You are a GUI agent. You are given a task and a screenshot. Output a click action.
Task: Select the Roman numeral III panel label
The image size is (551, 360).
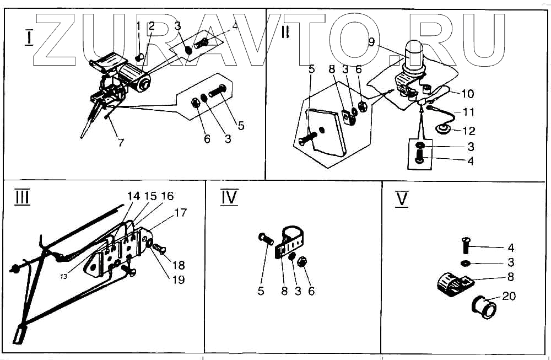click(21, 197)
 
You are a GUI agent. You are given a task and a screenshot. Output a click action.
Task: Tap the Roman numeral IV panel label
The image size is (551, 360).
click(229, 197)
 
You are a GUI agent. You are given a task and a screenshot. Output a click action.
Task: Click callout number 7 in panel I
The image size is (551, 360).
click(121, 142)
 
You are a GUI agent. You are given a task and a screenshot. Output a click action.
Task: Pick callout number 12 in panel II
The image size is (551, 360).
click(469, 131)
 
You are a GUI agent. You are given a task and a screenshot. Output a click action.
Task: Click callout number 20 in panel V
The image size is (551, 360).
click(509, 296)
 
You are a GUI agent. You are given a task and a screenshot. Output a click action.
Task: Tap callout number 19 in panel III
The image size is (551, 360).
click(178, 279)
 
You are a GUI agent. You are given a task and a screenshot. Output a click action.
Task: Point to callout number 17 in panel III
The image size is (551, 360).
click(181, 212)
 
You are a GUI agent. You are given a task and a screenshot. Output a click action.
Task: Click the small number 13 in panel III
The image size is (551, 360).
click(64, 276)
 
